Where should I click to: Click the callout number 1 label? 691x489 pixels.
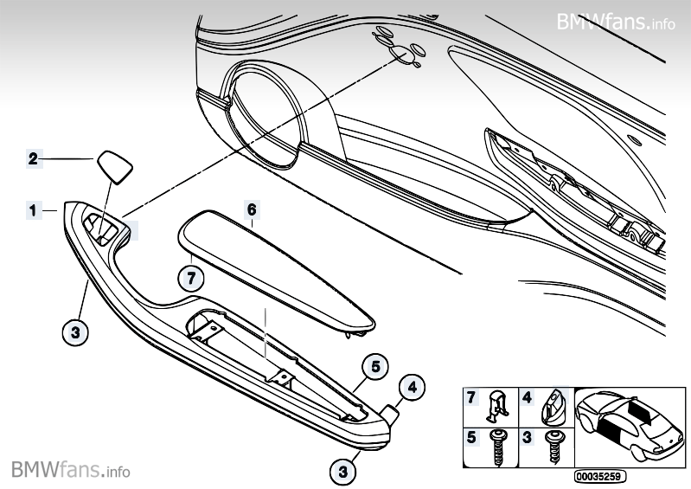(x=33, y=209)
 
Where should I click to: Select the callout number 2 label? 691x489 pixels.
(x=33, y=158)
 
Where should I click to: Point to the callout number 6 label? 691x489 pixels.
(x=252, y=209)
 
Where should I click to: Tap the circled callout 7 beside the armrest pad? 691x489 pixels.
(x=191, y=278)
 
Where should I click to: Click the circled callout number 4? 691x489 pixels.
(x=412, y=388)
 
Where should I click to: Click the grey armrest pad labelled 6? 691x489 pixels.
(x=277, y=268)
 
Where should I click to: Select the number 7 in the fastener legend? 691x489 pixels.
(x=471, y=398)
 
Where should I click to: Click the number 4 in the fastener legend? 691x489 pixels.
(x=526, y=398)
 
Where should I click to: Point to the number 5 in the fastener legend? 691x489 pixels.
(x=471, y=438)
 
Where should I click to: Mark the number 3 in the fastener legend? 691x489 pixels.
(x=526, y=438)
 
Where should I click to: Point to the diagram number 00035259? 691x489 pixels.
(x=599, y=476)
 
